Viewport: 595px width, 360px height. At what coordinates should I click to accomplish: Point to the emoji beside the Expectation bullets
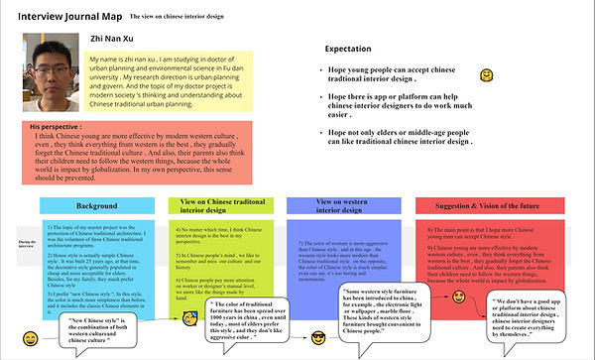tap(487, 75)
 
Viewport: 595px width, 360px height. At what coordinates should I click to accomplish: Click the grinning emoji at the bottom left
tap(33, 340)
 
